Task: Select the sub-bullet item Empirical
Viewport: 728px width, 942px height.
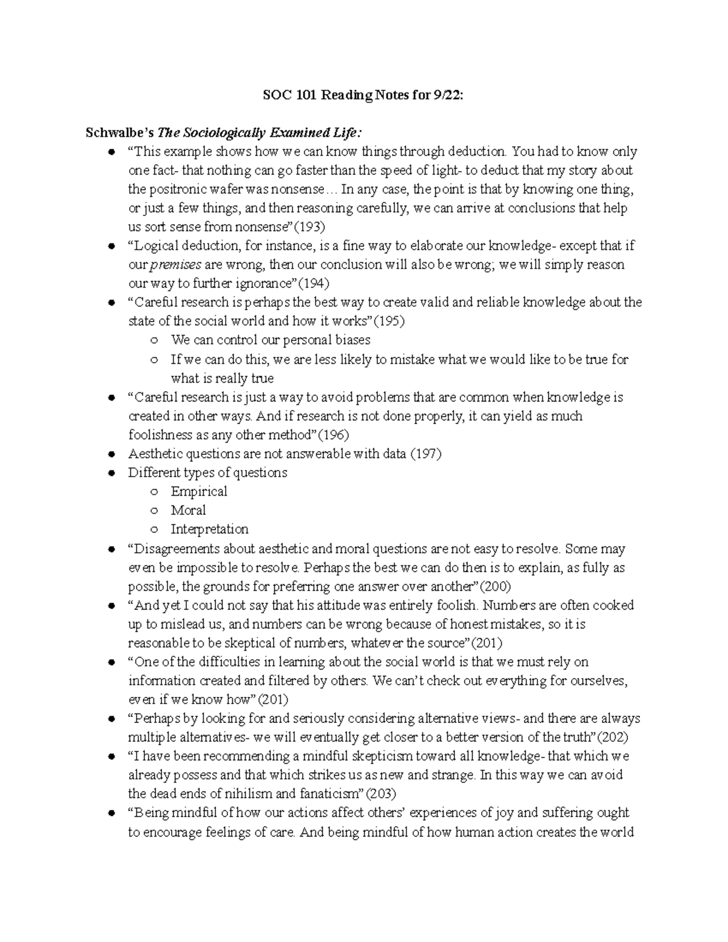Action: pyautogui.click(x=199, y=491)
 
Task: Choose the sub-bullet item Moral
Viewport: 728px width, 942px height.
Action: pyautogui.click(x=188, y=510)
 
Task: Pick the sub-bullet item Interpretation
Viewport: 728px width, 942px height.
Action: pyautogui.click(x=209, y=529)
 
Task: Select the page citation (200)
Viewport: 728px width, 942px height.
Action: pyautogui.click(x=496, y=587)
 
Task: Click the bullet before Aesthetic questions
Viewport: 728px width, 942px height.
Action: pyautogui.click(x=110, y=454)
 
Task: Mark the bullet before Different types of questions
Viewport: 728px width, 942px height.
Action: pyautogui.click(x=110, y=473)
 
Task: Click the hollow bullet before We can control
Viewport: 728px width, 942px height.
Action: pyautogui.click(x=155, y=341)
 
